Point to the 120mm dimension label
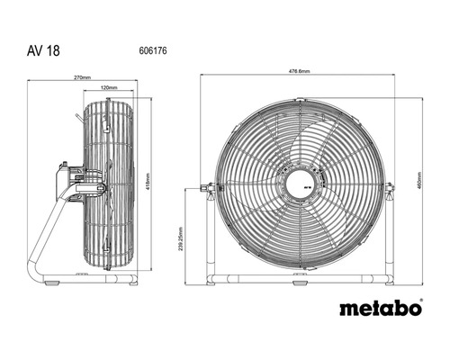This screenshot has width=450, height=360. coord(109,88)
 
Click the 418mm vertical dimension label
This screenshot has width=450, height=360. coord(148,184)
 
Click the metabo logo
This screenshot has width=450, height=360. coord(380,308)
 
